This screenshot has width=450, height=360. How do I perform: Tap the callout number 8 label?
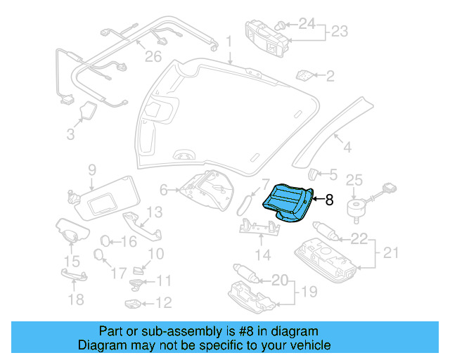[329, 200]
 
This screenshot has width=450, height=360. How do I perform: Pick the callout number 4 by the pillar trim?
[346, 148]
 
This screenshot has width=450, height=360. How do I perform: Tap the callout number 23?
[340, 32]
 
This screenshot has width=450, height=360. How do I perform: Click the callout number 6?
[164, 189]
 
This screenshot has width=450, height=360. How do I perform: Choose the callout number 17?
[120, 272]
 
